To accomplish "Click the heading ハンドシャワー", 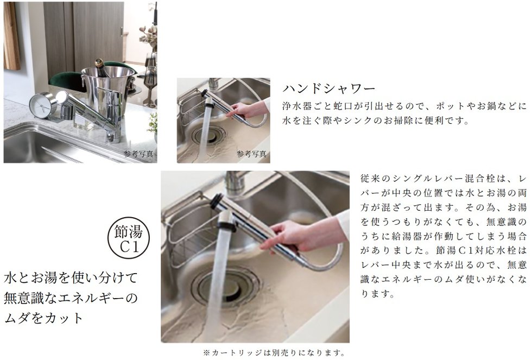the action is tap(329, 89).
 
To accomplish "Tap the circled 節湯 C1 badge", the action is tap(129, 238).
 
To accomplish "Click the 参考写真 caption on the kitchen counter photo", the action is tap(138, 154).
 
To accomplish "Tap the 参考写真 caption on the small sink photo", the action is tap(251, 154).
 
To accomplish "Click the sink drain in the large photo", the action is tap(227, 285).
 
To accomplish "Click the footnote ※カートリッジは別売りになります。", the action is tap(274, 353).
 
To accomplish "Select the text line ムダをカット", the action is tap(44, 318).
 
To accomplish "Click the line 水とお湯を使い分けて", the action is tap(71, 277).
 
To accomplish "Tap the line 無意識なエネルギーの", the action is tap(71, 298).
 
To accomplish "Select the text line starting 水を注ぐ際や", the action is tap(376, 121).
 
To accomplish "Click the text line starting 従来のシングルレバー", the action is tap(444, 179).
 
